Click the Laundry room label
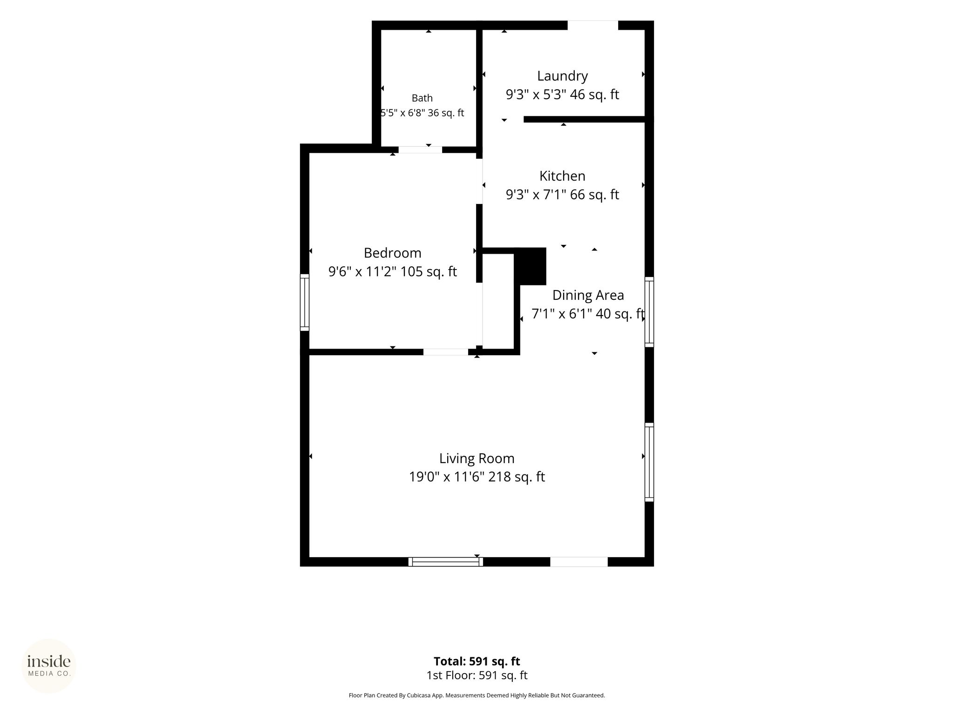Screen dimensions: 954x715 pos(562,76)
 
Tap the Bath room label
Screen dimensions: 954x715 pos(422,98)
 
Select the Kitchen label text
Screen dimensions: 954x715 pos(562,176)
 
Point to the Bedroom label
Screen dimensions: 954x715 pos(392,253)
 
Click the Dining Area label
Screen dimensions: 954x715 pos(588,295)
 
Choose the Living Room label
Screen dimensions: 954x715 pos(477,459)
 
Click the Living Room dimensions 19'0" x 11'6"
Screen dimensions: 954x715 pos(446,477)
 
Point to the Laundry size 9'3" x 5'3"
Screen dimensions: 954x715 pos(536,94)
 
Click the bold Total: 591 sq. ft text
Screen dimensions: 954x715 pos(477,661)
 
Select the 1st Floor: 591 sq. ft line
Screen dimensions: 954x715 pos(477,675)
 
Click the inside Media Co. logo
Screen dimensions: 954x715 pos(49,666)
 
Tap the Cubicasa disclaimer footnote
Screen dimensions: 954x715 pos(477,695)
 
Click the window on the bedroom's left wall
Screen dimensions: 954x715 pos(304,303)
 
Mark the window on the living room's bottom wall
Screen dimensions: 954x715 pos(445,562)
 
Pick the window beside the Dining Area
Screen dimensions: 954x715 pos(649,312)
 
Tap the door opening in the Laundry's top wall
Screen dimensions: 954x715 pos(593,25)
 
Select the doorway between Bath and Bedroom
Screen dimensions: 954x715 pos(420,149)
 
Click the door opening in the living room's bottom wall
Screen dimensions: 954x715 pos(579,562)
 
